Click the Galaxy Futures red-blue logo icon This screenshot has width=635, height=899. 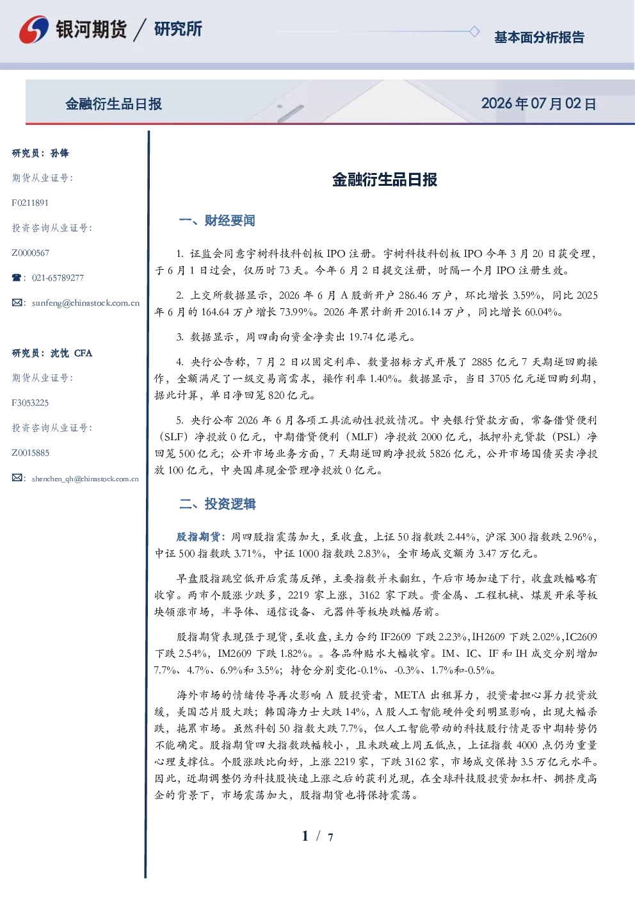point(34,29)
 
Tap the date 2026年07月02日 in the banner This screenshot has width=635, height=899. point(538,104)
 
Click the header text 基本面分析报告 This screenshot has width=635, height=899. point(539,37)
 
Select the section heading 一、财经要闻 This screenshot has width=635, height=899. point(217,220)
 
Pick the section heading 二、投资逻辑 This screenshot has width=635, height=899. point(217,504)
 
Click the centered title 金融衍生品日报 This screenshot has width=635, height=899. point(385,179)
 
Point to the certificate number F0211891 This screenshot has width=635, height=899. point(30,202)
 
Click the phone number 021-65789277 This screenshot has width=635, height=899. point(58,277)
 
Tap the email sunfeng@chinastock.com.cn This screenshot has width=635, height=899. point(86,303)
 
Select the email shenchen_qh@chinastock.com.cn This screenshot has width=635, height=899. point(85,479)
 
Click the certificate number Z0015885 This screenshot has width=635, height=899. point(31,453)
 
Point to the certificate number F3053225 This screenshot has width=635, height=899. point(30,402)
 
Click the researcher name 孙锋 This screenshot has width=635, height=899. point(60,153)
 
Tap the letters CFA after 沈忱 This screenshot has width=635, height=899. point(83,353)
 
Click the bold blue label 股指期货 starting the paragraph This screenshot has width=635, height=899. point(198,536)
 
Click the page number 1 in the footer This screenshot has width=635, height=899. point(305,836)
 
